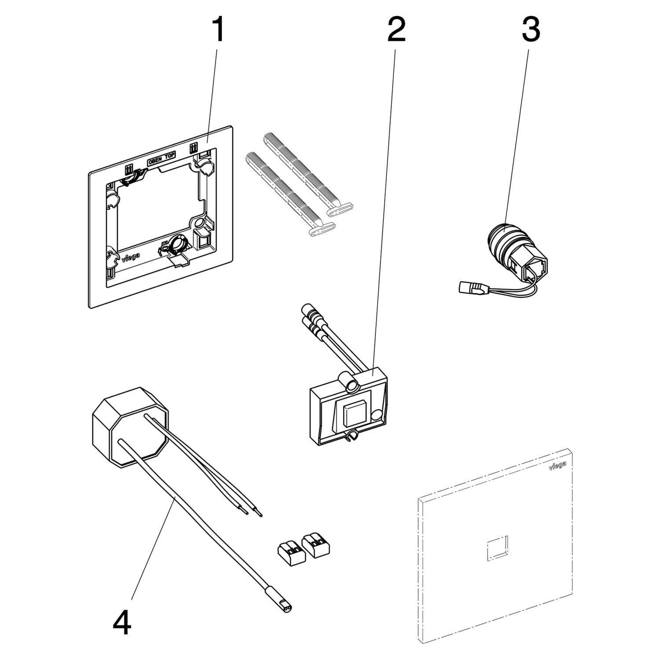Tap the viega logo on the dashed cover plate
click(x=557, y=465)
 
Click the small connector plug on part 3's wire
click(x=469, y=288)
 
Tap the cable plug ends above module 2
click(x=309, y=316)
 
